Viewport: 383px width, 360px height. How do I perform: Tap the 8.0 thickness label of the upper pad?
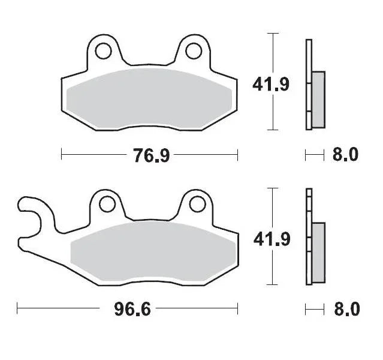tap(345, 155)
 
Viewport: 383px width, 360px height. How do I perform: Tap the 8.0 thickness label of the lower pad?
tap(345, 310)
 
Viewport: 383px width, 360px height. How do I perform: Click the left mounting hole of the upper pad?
tap(102, 50)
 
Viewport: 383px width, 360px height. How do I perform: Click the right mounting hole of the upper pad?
tap(194, 50)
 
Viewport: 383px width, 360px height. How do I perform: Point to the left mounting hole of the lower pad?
tap(107, 205)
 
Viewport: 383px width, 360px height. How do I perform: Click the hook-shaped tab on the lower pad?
tap(30, 213)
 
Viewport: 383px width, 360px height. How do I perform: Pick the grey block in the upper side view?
tap(318, 99)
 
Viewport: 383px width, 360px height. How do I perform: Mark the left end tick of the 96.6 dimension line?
tap(17, 310)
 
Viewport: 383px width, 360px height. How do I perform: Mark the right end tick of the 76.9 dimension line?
tap(238, 155)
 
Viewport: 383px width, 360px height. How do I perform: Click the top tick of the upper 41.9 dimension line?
tap(273, 34)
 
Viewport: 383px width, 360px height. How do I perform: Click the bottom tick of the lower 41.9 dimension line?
tap(273, 284)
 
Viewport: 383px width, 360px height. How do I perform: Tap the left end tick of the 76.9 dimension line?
tap(62, 155)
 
